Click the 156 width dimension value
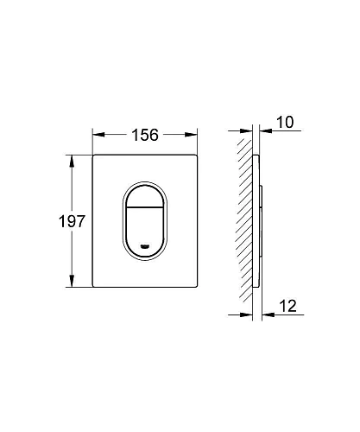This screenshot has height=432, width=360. click(145, 135)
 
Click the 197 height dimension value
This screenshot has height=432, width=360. click(72, 221)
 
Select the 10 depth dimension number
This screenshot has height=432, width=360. click(285, 122)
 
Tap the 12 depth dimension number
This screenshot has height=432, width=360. click(287, 306)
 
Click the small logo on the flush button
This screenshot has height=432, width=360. click(145, 246)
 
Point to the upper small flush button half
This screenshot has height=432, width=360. click(145, 197)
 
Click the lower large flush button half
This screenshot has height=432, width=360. click(145, 231)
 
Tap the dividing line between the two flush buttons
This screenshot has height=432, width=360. click(145, 207)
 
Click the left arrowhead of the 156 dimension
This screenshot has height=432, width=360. click(98, 135)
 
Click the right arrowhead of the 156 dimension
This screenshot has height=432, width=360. click(191, 135)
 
